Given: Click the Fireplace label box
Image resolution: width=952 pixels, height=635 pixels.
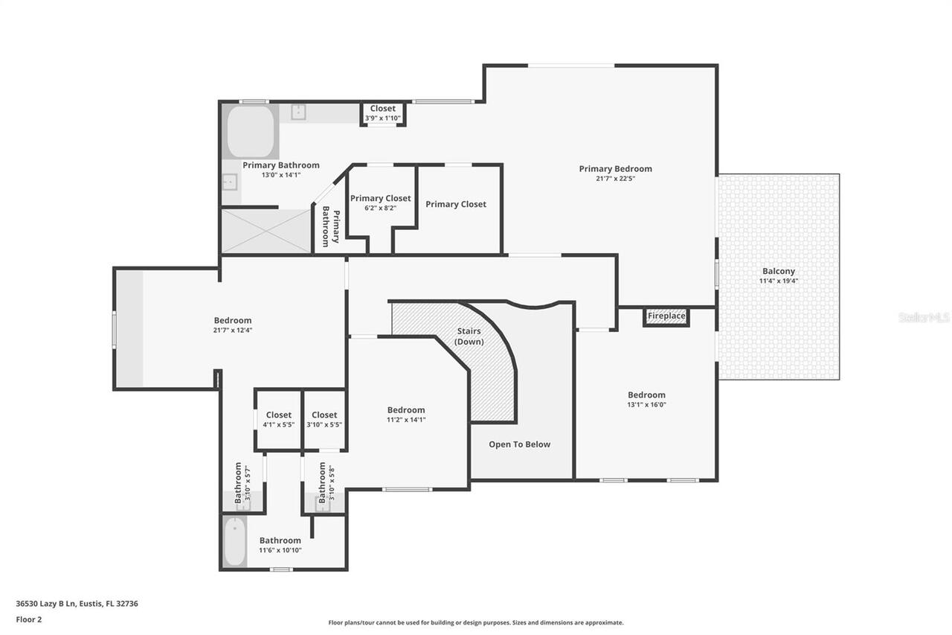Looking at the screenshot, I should pyautogui.click(x=666, y=316).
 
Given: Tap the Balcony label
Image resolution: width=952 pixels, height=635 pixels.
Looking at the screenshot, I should pyautogui.click(x=778, y=271).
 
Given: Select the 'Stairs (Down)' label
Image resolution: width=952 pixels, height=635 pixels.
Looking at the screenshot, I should pyautogui.click(x=469, y=336).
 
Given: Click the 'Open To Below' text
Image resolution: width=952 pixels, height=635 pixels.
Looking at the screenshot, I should pyautogui.click(x=519, y=444).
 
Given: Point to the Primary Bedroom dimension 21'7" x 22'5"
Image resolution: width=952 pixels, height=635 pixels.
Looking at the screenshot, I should pyautogui.click(x=615, y=179).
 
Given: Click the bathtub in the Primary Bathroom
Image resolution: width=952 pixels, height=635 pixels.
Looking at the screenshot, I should pyautogui.click(x=251, y=132).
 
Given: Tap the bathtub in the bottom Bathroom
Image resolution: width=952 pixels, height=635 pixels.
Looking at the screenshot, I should pyautogui.click(x=235, y=541).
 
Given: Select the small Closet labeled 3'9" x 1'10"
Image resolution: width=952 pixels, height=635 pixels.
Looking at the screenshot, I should pyautogui.click(x=383, y=113).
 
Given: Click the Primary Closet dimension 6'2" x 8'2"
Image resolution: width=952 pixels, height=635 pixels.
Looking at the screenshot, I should pyautogui.click(x=380, y=208).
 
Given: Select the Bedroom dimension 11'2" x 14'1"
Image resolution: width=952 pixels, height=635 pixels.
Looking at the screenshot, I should pyautogui.click(x=406, y=420).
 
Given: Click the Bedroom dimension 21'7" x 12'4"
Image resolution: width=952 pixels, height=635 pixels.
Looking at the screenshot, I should pyautogui.click(x=233, y=331).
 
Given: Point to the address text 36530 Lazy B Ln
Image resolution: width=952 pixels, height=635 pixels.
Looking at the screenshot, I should pyautogui.click(x=77, y=604).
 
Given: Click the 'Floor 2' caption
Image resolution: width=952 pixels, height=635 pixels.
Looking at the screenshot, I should pyautogui.click(x=29, y=619).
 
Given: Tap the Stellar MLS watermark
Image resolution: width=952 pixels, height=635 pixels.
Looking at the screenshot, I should pyautogui.click(x=924, y=317).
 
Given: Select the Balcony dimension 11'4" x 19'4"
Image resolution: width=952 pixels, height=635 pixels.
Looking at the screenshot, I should pyautogui.click(x=778, y=281).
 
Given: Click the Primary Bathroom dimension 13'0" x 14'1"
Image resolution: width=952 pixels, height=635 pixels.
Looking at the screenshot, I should pyautogui.click(x=280, y=176).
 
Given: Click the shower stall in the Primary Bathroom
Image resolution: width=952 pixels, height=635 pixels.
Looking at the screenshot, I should pyautogui.click(x=266, y=231).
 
